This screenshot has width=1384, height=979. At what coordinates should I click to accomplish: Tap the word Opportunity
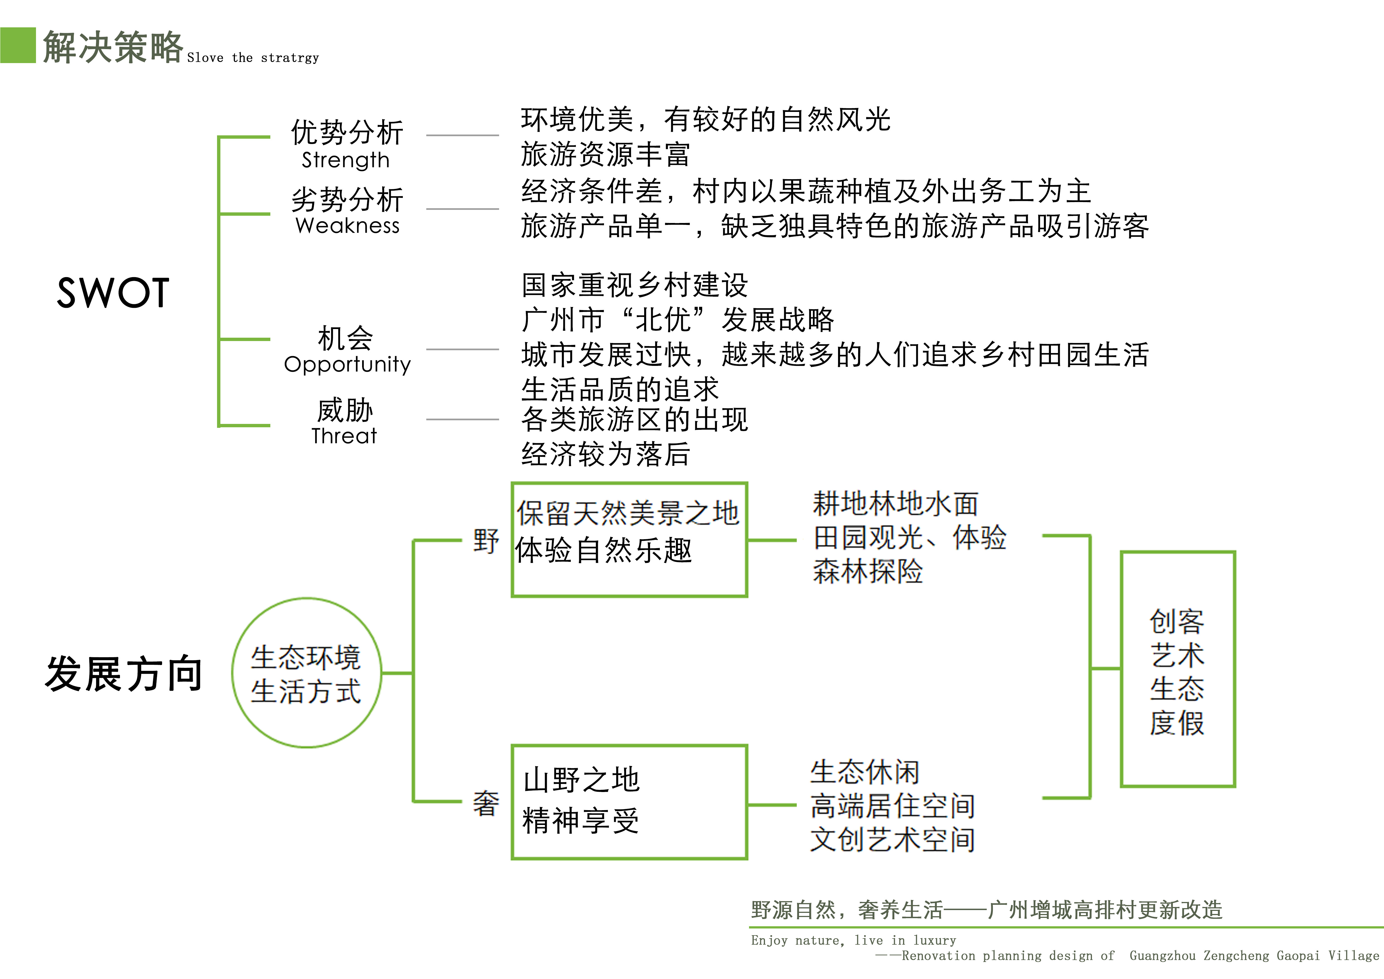347,364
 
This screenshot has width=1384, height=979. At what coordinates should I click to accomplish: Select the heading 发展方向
124,673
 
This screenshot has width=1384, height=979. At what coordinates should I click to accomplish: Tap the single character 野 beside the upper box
486,541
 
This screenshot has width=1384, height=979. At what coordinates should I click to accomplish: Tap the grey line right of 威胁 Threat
462,419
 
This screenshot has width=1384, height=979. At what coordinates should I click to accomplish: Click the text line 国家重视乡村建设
635,285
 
